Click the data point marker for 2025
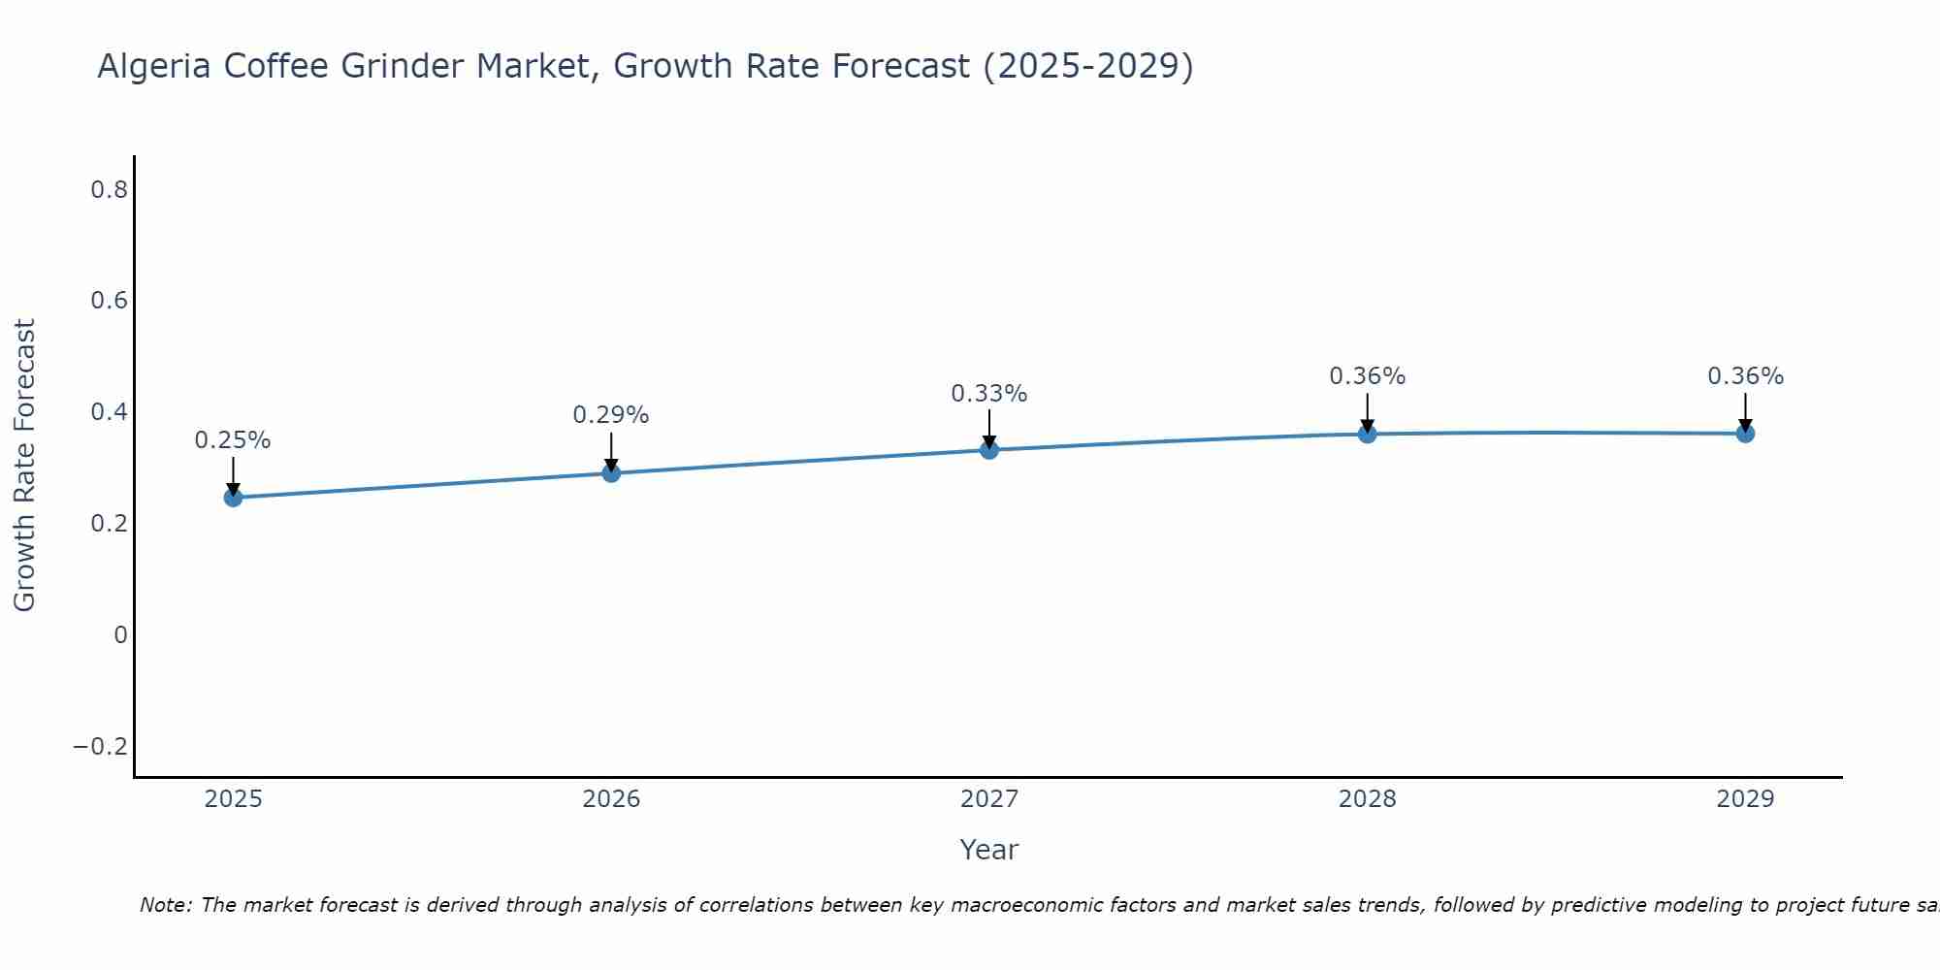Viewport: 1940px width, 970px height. pyautogui.click(x=233, y=498)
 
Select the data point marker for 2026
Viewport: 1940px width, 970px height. pyautogui.click(x=611, y=473)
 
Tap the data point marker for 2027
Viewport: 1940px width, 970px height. pyautogui.click(x=989, y=450)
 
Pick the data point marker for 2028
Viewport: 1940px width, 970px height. pyautogui.click(x=1367, y=434)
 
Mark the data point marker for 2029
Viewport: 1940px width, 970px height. pyautogui.click(x=1745, y=434)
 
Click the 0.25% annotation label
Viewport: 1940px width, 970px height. pyautogui.click(x=233, y=440)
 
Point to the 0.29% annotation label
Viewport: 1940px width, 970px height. pyautogui.click(x=611, y=415)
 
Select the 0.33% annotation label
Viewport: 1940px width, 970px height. pyautogui.click(x=989, y=394)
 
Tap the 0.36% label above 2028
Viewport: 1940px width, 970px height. pyautogui.click(x=1367, y=376)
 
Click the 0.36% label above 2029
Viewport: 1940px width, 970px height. pyautogui.click(x=1745, y=376)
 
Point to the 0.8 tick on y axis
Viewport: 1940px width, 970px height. pyautogui.click(x=109, y=190)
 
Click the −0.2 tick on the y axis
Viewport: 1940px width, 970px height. pyautogui.click(x=101, y=747)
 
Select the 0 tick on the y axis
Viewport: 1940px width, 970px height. pyautogui.click(x=120, y=635)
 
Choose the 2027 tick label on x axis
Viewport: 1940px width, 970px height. pyautogui.click(x=989, y=799)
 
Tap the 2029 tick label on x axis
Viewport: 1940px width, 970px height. pyautogui.click(x=1745, y=799)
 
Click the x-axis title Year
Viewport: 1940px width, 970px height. pyautogui.click(x=989, y=850)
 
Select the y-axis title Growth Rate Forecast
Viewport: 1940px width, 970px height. pyautogui.click(x=25, y=466)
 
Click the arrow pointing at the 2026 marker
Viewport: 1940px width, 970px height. pyautogui.click(x=611, y=452)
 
